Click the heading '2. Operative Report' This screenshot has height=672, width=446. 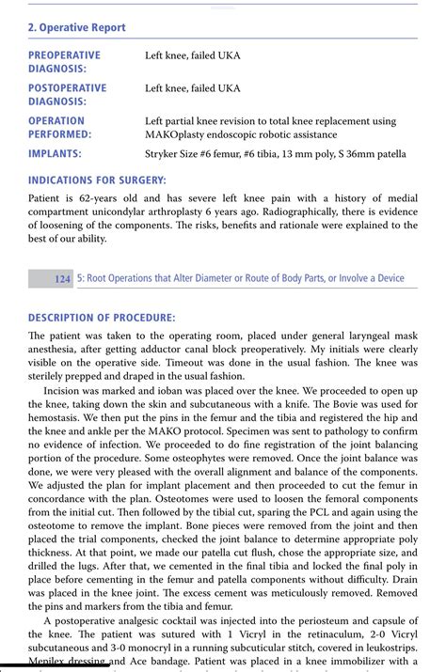pyautogui.click(x=76, y=28)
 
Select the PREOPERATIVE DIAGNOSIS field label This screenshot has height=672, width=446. pyautogui.click(x=64, y=62)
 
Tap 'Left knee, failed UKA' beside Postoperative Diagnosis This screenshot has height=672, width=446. pyautogui.click(x=192, y=88)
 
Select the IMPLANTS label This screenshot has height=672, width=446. pyautogui.click(x=55, y=153)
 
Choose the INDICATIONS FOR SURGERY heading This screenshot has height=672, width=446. pyautogui.click(x=97, y=180)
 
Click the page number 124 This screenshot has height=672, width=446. pyautogui.click(x=63, y=278)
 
